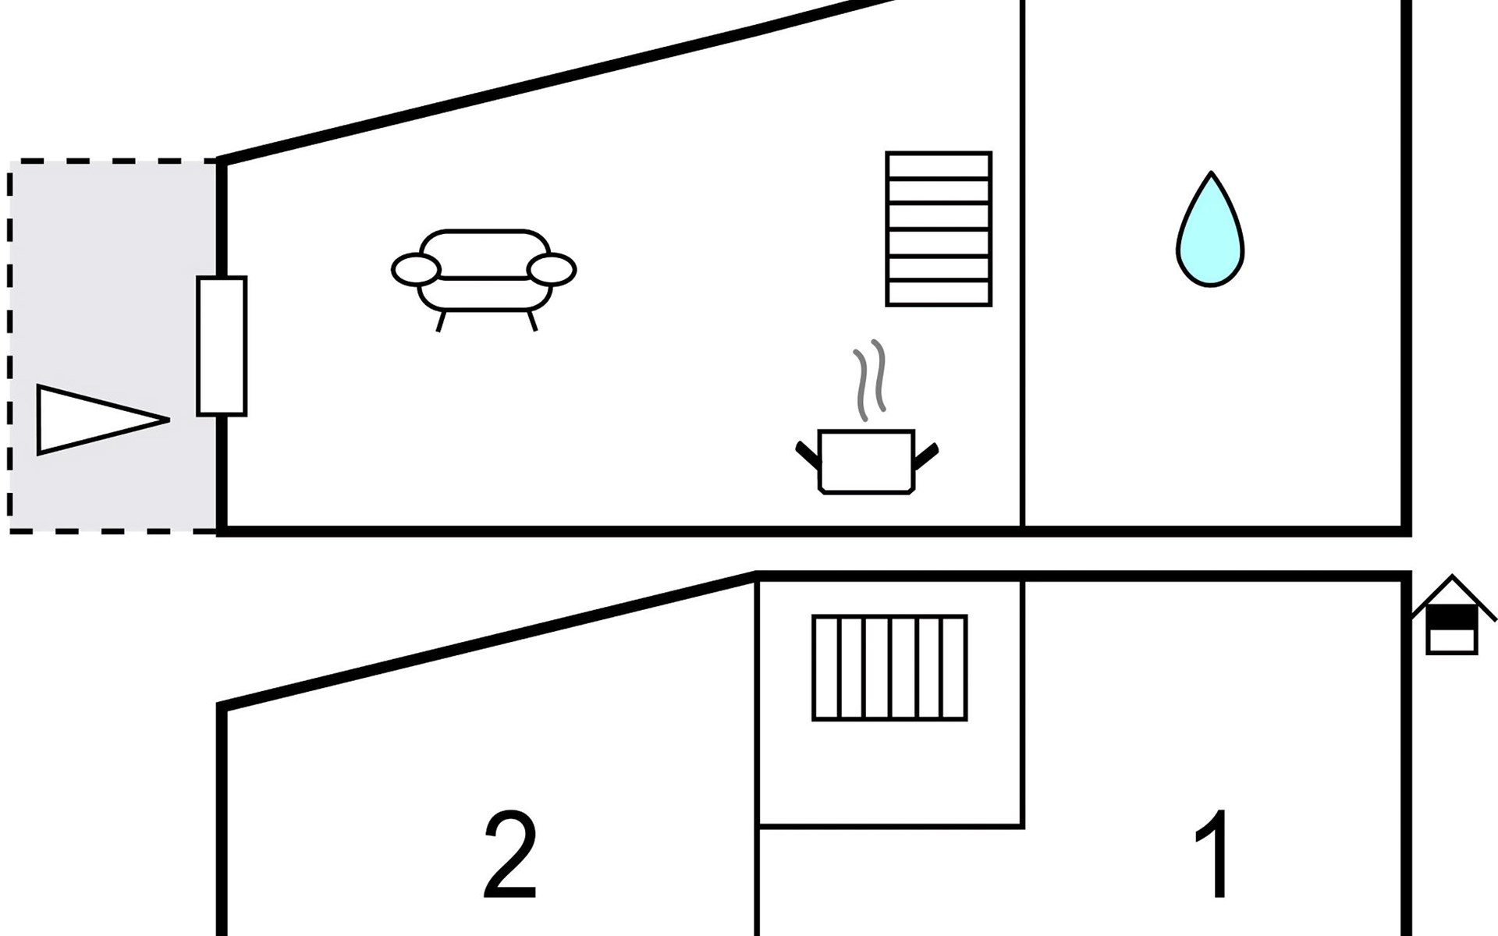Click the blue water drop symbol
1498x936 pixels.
click(1210, 234)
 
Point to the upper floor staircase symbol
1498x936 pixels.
click(939, 229)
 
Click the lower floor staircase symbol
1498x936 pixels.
click(889, 668)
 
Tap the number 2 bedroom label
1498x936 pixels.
click(511, 855)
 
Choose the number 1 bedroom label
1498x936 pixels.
click(1214, 855)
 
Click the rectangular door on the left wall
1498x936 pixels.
click(222, 346)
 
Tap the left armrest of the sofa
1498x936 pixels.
click(416, 270)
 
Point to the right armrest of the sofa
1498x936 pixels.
click(552, 270)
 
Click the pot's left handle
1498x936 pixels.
click(808, 456)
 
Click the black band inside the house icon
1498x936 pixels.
click(1452, 619)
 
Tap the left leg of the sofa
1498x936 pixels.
click(441, 321)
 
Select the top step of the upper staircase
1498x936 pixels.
click(939, 165)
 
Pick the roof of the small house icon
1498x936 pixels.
click(1452, 590)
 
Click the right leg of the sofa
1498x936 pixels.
click(532, 321)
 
